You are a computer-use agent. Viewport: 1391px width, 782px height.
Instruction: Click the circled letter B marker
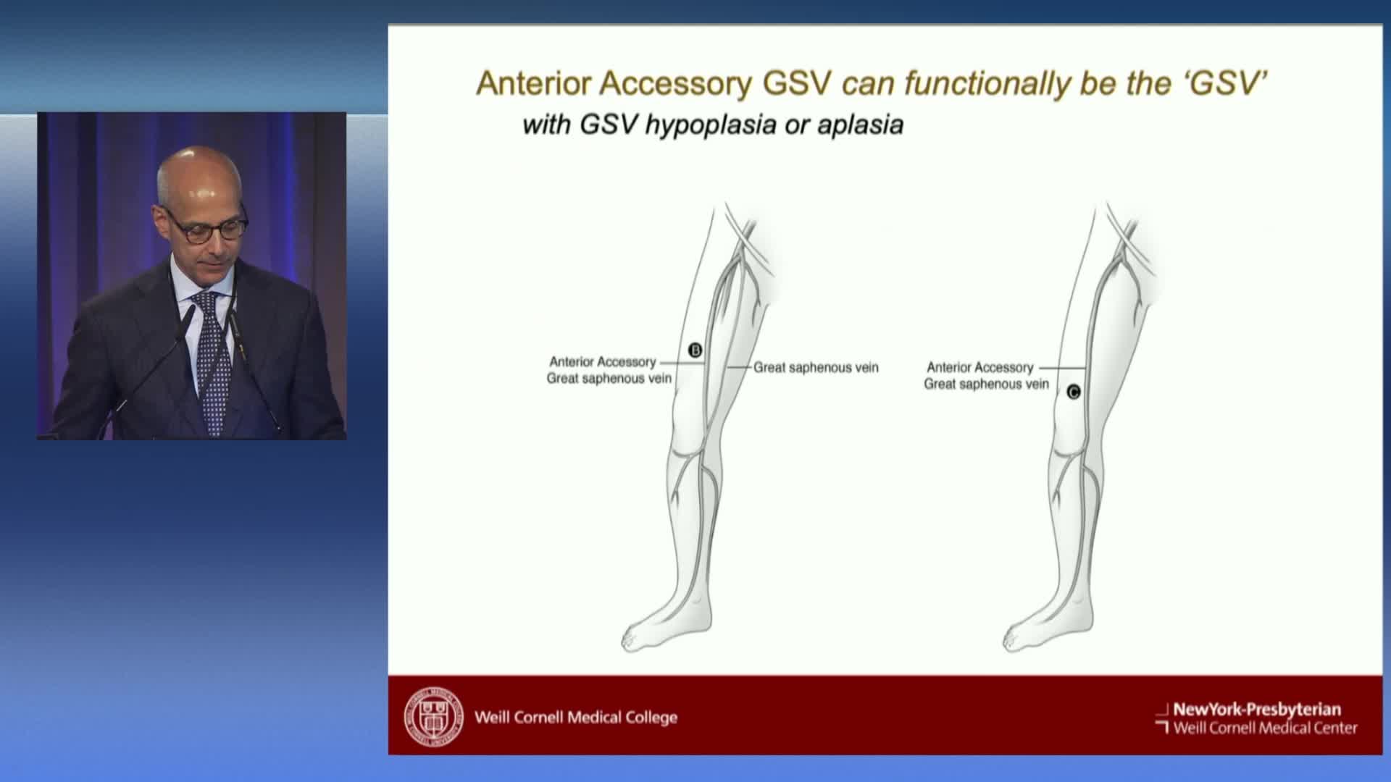pyautogui.click(x=695, y=351)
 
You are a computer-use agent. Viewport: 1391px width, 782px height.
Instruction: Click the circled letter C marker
pyautogui.click(x=1074, y=392)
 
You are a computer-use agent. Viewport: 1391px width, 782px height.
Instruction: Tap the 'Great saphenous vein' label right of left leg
pyautogui.click(x=816, y=368)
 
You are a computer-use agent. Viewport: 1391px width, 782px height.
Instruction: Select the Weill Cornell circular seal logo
pyautogui.click(x=433, y=717)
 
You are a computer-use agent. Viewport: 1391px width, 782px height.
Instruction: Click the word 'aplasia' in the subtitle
pyautogui.click(x=861, y=125)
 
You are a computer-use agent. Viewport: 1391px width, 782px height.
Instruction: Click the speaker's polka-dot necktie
pyautogui.click(x=214, y=362)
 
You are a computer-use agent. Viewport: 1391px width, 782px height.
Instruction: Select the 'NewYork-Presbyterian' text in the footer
pyautogui.click(x=1257, y=710)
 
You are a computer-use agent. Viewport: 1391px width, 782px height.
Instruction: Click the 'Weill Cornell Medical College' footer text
pyautogui.click(x=576, y=718)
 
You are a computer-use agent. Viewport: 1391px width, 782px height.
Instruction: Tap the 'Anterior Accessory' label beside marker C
pyautogui.click(x=980, y=368)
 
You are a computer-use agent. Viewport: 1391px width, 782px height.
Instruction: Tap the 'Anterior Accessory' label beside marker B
pyautogui.click(x=603, y=361)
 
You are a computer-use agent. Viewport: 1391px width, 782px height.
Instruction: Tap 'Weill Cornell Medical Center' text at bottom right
pyautogui.click(x=1266, y=728)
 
